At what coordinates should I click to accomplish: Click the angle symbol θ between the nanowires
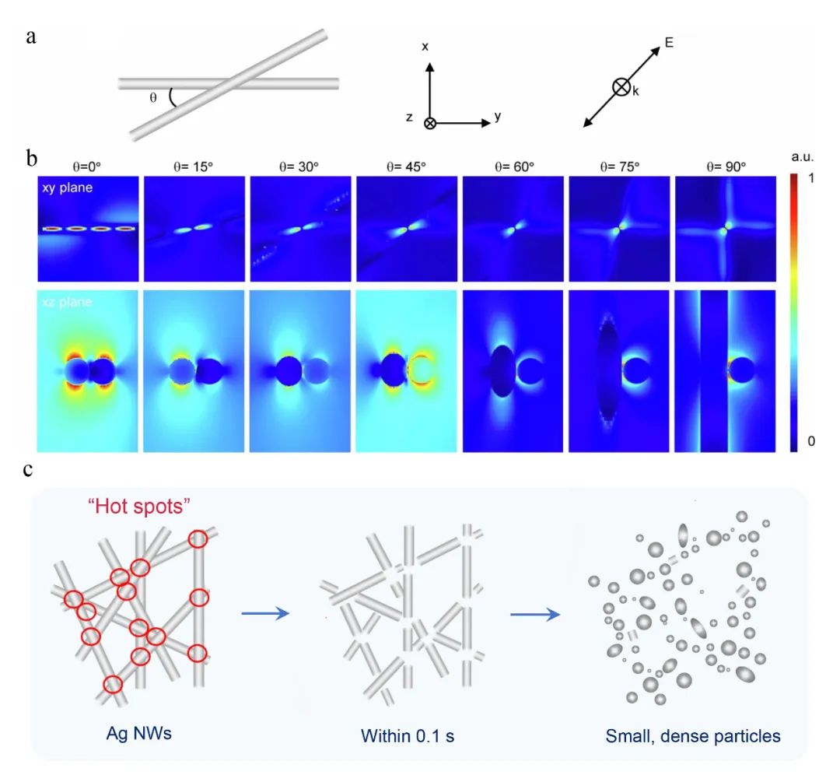click(153, 99)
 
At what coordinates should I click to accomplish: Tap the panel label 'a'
click(31, 37)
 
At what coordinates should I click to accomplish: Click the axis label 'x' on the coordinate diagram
click(425, 47)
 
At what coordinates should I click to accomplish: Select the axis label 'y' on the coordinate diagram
click(497, 117)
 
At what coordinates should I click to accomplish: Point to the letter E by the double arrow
click(668, 44)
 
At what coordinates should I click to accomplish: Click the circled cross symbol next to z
click(429, 123)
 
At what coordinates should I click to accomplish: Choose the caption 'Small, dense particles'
click(693, 735)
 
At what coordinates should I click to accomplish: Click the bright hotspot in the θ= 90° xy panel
click(726, 230)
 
